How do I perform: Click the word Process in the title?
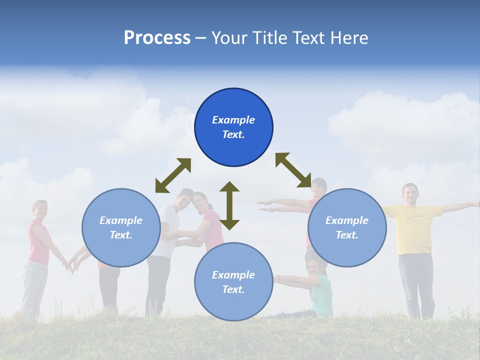coord(157,38)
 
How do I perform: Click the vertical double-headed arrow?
coord(229,205)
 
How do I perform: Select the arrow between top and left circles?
coord(173,175)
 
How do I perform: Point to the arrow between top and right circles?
coord(293,170)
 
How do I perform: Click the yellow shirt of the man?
coord(413,228)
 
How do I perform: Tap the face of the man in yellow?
coord(410,193)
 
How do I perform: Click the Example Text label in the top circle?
coord(233,127)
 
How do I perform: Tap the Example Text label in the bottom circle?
coord(233,282)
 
